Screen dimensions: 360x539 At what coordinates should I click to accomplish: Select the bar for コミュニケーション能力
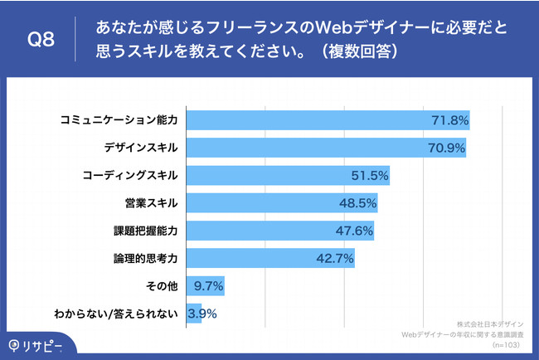tap(328, 120)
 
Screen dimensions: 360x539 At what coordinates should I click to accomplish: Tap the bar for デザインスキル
tap(326, 148)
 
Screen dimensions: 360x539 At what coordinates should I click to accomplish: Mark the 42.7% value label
tap(335, 258)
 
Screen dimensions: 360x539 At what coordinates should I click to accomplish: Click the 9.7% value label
tap(207, 285)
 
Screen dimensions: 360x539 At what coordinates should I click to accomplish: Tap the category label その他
tap(162, 285)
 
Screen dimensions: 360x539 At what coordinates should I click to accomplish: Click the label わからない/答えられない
tap(116, 313)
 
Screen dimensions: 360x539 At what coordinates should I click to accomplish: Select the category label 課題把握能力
tap(144, 230)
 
